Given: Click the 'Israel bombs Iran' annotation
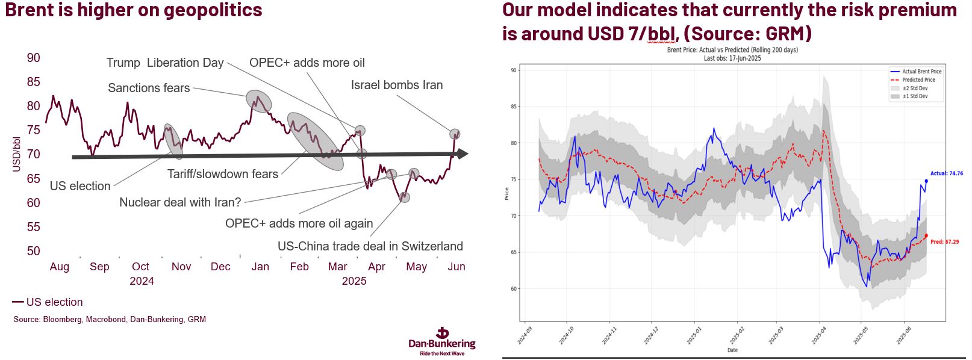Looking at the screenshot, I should (396, 85).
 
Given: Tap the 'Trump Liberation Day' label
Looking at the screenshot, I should (164, 63).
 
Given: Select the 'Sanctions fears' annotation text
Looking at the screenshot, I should (149, 88).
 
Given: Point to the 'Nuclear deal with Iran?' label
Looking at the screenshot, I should (180, 202).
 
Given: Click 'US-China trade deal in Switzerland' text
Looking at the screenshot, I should (370, 246).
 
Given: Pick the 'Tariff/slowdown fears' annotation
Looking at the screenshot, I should (223, 174).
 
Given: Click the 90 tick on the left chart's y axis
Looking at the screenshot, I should (34, 58).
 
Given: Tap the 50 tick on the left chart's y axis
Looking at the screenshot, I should (34, 251).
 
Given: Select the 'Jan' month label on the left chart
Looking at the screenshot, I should (260, 267).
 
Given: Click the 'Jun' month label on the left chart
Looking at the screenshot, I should (456, 267).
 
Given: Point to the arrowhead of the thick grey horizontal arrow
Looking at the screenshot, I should (463, 154).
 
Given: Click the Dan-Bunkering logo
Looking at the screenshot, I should (442, 341).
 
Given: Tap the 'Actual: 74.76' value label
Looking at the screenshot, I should (947, 173).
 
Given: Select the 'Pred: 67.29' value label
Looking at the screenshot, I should (944, 242).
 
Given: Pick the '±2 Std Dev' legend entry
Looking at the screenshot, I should (915, 88).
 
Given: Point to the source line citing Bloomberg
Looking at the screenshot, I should (110, 320).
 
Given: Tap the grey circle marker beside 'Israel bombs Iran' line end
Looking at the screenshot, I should (455, 134).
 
